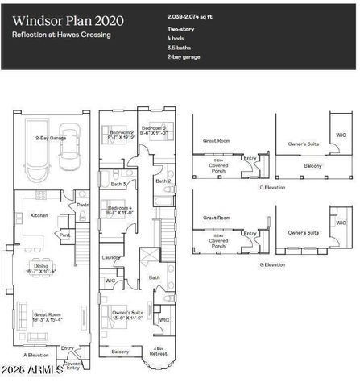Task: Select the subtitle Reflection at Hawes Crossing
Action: [x=60, y=35]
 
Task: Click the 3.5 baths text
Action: [x=179, y=48]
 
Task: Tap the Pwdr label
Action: [x=82, y=205]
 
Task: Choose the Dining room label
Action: [x=40, y=267]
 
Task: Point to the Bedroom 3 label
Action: [x=154, y=128]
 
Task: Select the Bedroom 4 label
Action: [x=120, y=208]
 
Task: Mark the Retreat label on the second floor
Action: [x=158, y=352]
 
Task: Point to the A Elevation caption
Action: [x=36, y=355]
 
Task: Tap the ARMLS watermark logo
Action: [x=32, y=372]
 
